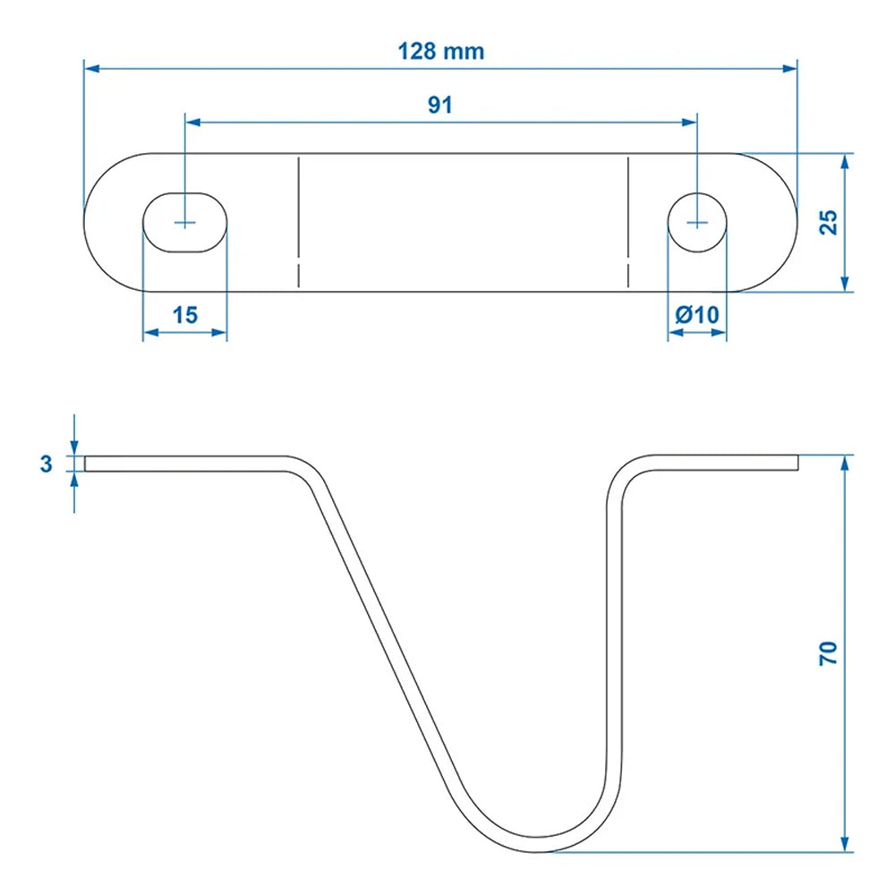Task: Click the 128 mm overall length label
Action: pos(440,51)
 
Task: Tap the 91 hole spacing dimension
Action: pos(439,105)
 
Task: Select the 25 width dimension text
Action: pos(830,222)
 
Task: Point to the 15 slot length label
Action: pos(185,315)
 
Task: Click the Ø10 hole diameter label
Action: pos(697,315)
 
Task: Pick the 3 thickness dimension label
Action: pos(47,464)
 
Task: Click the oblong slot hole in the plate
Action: pos(185,222)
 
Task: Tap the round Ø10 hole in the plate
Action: pos(698,222)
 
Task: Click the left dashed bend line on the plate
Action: pos(298,222)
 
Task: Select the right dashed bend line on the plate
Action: pos(628,222)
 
